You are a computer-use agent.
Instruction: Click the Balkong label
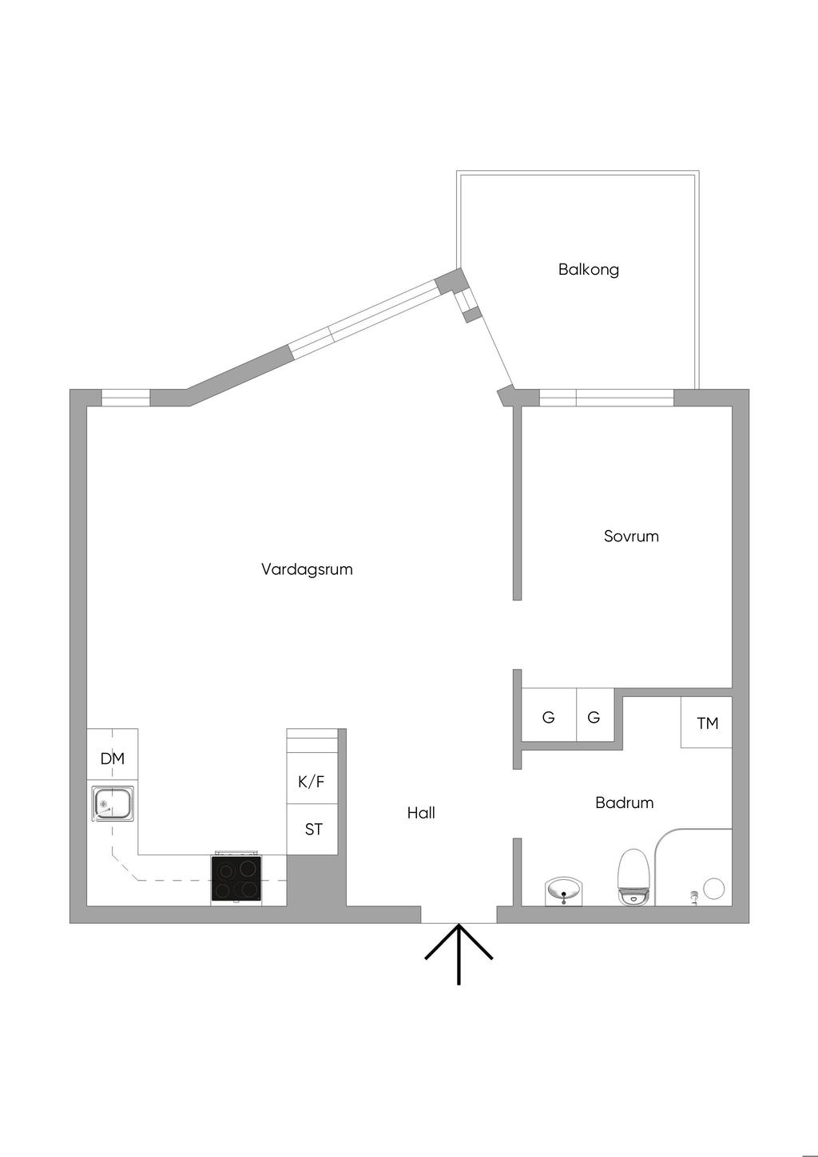(x=588, y=270)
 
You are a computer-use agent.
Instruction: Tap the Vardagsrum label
(x=307, y=569)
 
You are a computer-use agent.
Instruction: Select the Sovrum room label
(x=631, y=536)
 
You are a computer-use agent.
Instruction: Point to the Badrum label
(x=624, y=802)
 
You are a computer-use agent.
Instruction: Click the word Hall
(x=421, y=813)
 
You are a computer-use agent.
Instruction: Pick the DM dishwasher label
(x=112, y=759)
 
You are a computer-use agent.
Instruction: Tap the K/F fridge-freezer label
(x=311, y=782)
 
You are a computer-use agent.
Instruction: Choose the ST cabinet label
(x=314, y=830)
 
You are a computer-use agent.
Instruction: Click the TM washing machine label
(x=708, y=723)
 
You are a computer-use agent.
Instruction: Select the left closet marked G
(x=548, y=717)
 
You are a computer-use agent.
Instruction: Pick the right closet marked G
(x=595, y=717)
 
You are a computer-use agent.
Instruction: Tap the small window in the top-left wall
(x=125, y=398)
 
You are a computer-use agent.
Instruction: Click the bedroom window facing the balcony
(x=606, y=398)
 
